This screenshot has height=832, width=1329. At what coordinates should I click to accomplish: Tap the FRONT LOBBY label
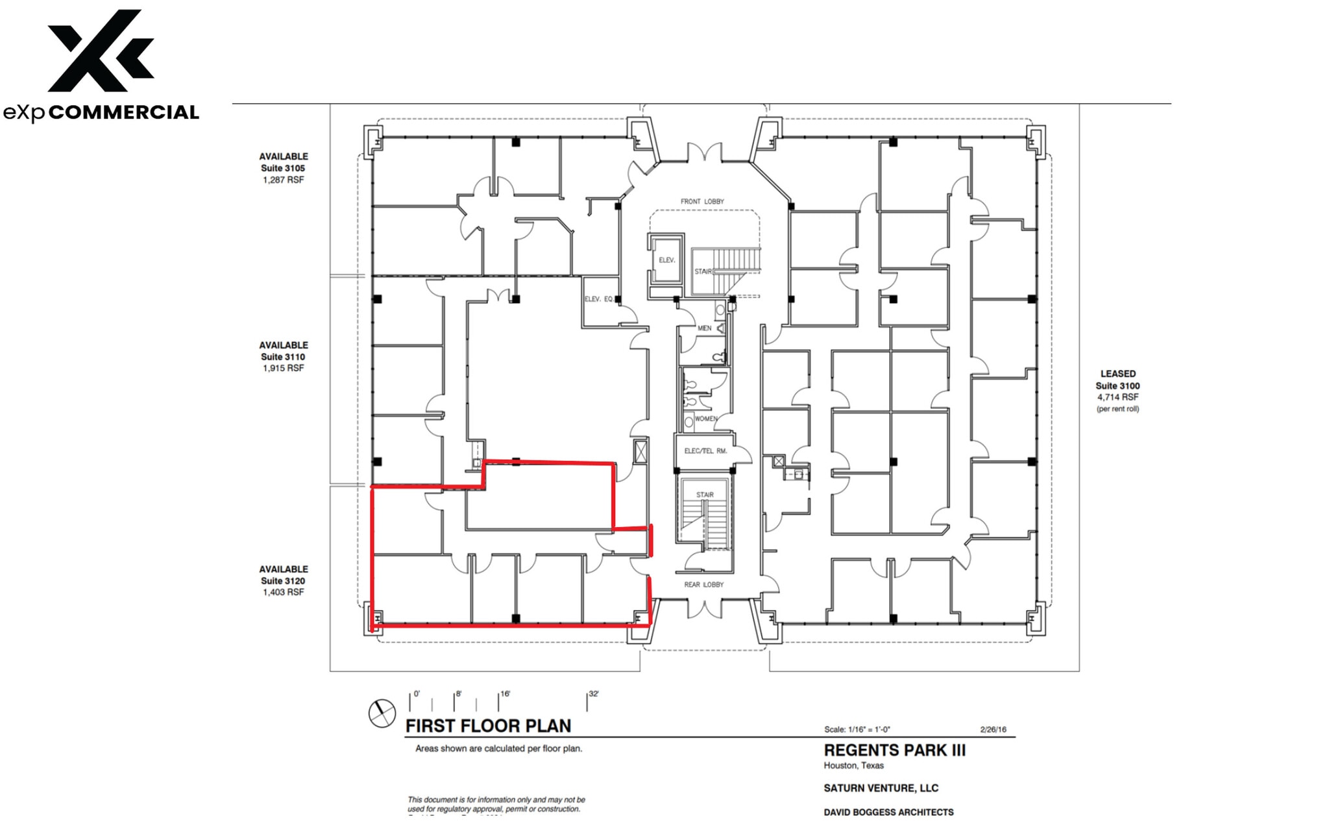point(702,202)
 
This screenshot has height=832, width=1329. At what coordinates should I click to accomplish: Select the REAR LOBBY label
point(703,585)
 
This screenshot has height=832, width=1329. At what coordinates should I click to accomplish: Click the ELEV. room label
point(667,260)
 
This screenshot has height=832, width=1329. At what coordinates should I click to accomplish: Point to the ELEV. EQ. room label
point(598,299)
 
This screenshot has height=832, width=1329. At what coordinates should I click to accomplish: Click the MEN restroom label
point(704,328)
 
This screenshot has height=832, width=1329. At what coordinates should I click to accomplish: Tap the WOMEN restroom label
point(706,419)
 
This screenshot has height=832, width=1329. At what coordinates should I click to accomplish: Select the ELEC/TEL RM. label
point(705,451)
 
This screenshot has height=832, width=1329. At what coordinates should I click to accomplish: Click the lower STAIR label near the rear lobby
point(705,495)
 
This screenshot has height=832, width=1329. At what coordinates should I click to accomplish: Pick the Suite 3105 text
point(283,168)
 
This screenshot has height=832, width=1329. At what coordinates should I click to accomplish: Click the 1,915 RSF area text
point(283,368)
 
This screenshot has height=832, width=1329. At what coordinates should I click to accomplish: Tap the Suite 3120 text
point(283,581)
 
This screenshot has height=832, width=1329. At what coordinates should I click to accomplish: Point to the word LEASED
point(1117,374)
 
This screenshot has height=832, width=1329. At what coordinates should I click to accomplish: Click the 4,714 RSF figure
point(1117,397)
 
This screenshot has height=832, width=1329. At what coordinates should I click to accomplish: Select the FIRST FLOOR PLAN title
point(488,726)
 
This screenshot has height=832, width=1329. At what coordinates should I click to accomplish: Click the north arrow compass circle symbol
point(382,714)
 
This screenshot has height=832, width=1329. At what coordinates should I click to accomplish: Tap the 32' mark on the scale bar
point(593,694)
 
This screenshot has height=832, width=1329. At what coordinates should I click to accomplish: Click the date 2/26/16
point(993,729)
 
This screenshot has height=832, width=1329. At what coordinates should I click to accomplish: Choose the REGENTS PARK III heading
point(894,750)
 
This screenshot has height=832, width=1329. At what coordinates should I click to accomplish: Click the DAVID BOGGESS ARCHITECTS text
point(888,812)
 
